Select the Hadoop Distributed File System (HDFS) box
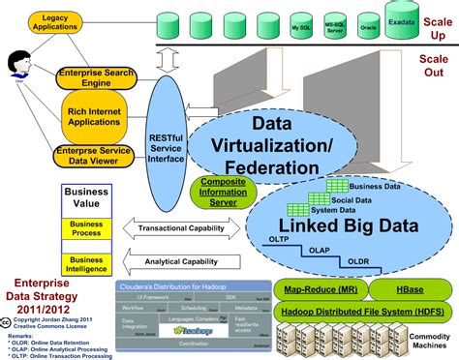point(356,311)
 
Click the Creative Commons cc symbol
point(8,317)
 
